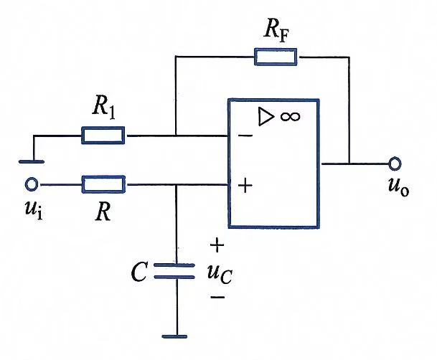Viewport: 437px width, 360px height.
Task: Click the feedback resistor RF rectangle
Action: coord(276,57)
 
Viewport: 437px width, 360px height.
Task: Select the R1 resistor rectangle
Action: coord(103,136)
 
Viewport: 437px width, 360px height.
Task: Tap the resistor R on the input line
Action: coord(103,184)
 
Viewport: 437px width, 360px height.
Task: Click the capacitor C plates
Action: coord(174,271)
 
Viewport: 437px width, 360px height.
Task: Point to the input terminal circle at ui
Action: coord(32,184)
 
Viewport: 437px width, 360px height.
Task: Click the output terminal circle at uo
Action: coord(395,164)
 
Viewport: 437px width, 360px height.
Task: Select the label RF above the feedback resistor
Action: coord(276,32)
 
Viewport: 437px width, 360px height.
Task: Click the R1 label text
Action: coord(103,108)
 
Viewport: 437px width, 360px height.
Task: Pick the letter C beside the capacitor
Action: coord(138,272)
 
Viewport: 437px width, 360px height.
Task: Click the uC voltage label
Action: coord(220,274)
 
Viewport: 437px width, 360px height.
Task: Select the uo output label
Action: coord(398,187)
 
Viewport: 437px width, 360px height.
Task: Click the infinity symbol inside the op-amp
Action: coord(290,116)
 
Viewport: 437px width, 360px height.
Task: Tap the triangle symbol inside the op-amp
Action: coord(266,116)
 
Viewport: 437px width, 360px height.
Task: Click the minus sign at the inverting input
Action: coord(245,136)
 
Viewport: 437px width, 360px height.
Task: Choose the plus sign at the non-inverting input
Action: coord(245,185)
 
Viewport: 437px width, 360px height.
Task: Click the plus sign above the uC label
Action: coord(217,245)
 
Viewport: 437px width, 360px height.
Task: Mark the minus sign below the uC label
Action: coord(217,298)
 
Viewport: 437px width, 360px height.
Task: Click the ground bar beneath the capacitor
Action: coord(174,336)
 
